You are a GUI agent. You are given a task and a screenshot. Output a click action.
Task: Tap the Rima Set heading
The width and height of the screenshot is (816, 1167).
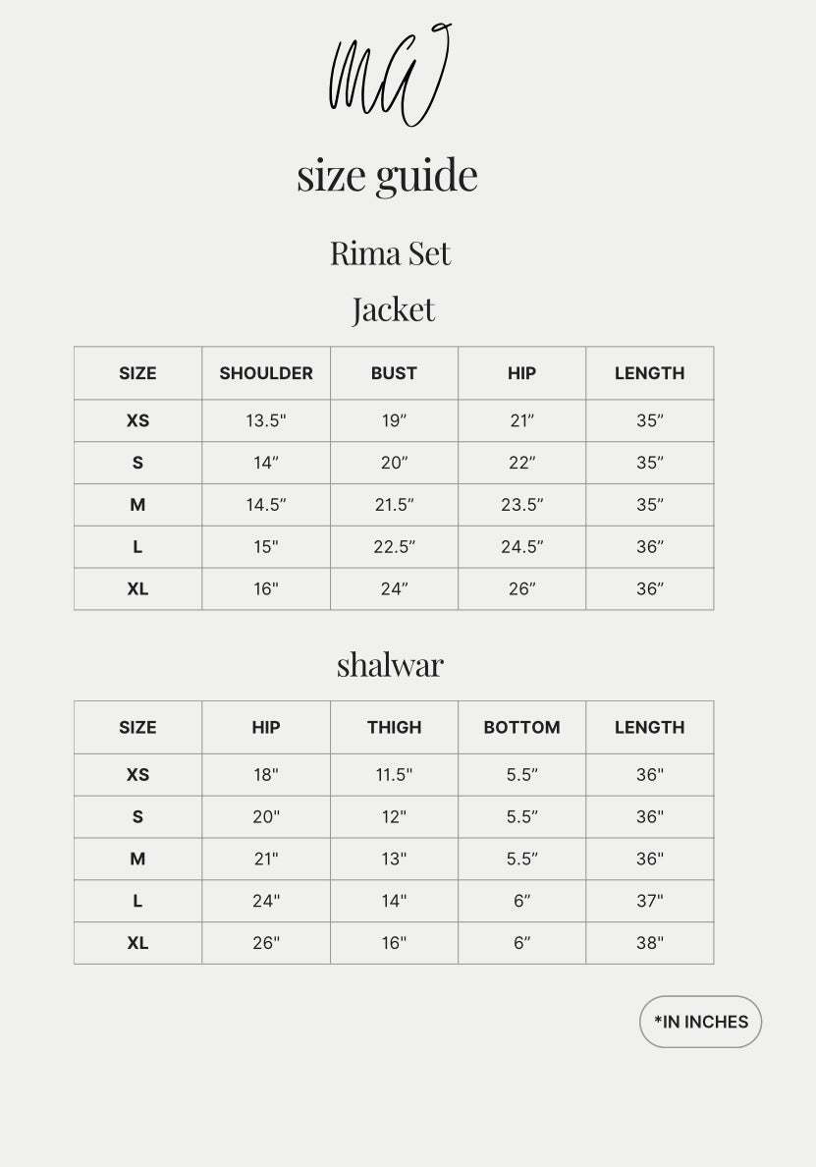(390, 253)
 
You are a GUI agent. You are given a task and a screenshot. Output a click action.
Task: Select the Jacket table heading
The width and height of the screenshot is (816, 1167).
(393, 309)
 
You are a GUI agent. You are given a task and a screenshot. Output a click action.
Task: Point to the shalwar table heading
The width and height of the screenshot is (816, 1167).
(390, 665)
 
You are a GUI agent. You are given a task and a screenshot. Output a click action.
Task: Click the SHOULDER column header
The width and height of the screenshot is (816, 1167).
(266, 373)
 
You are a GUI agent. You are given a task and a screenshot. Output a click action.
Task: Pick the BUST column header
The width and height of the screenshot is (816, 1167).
(394, 373)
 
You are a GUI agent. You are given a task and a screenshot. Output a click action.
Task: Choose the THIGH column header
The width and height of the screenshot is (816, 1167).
(394, 728)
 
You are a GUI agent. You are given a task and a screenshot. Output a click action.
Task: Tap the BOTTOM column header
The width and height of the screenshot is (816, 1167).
(521, 728)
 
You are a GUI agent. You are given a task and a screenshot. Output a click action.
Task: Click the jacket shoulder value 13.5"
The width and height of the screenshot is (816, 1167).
(266, 420)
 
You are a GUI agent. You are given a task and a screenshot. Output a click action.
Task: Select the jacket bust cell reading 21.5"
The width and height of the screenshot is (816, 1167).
(394, 505)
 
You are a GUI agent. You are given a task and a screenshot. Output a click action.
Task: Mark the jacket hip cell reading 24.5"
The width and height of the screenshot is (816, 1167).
(521, 547)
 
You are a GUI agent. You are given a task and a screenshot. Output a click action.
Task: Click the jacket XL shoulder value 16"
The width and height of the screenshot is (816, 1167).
(266, 589)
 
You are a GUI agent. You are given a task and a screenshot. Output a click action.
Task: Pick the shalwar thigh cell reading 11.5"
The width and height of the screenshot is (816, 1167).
(394, 775)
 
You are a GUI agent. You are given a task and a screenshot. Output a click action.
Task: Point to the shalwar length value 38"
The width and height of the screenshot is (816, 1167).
(649, 943)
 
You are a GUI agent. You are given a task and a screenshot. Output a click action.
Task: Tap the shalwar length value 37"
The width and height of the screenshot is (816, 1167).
(649, 901)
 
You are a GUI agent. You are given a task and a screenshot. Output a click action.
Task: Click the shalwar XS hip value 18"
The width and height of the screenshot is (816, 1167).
(266, 775)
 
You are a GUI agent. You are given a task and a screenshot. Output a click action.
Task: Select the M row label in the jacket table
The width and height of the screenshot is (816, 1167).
(137, 505)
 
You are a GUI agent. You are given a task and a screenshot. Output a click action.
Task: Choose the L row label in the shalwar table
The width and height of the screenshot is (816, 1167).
(137, 901)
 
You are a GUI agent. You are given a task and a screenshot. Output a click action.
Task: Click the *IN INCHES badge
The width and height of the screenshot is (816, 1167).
(700, 1022)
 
